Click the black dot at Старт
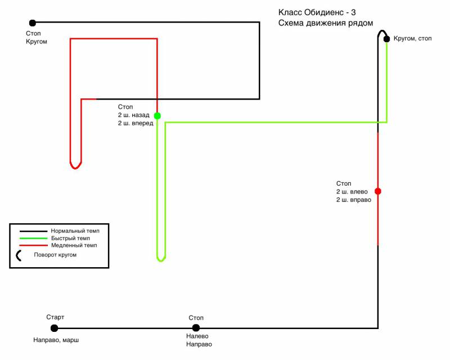[54, 328]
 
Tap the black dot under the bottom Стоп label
[196, 327]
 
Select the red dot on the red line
[378, 191]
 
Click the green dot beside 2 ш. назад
[157, 116]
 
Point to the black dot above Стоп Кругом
[33, 22]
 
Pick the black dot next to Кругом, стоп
[386, 39]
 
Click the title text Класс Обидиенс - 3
[317, 12]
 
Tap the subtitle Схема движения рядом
[326, 23]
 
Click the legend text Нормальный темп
[75, 231]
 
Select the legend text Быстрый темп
[71, 238]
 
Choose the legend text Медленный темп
[74, 245]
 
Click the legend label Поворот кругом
[55, 255]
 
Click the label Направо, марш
[56, 340]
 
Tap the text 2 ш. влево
[352, 192]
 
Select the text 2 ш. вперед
[136, 123]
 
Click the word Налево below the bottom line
[197, 336]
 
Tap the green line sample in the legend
[33, 238]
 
